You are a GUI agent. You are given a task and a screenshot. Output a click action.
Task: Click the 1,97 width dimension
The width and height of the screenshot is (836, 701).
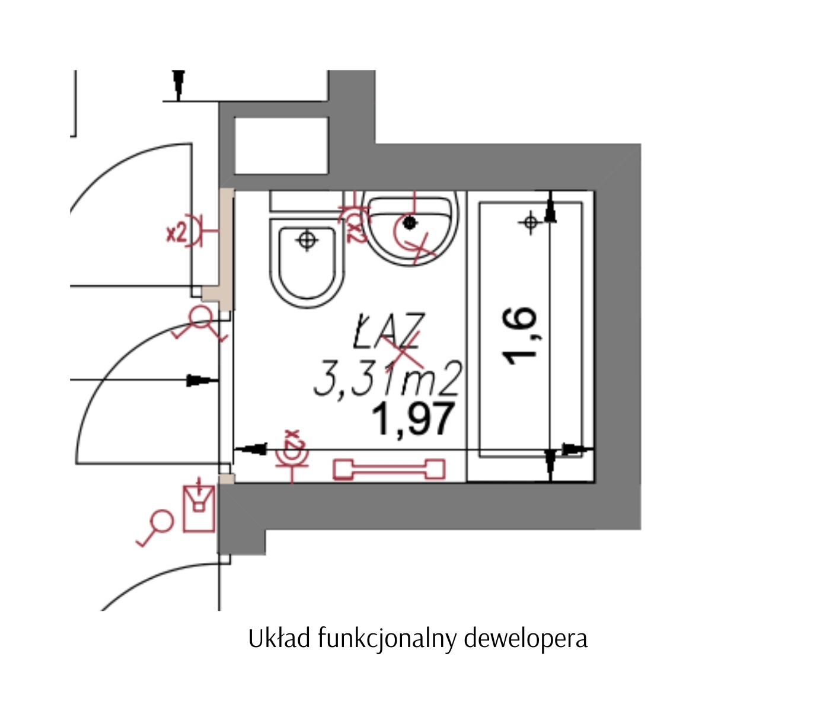click(413, 419)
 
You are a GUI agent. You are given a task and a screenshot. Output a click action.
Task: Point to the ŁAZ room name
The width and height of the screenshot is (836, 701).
click(388, 330)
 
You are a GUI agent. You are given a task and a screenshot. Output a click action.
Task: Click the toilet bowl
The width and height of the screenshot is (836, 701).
click(307, 263)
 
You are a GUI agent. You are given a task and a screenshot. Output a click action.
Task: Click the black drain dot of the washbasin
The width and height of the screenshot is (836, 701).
click(409, 222)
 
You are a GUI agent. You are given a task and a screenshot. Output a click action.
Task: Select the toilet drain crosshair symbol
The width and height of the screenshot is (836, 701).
click(307, 240)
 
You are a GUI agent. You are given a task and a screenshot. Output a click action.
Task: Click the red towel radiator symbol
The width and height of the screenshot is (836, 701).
click(389, 470)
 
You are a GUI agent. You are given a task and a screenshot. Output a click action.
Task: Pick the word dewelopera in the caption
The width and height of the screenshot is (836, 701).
click(526, 638)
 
